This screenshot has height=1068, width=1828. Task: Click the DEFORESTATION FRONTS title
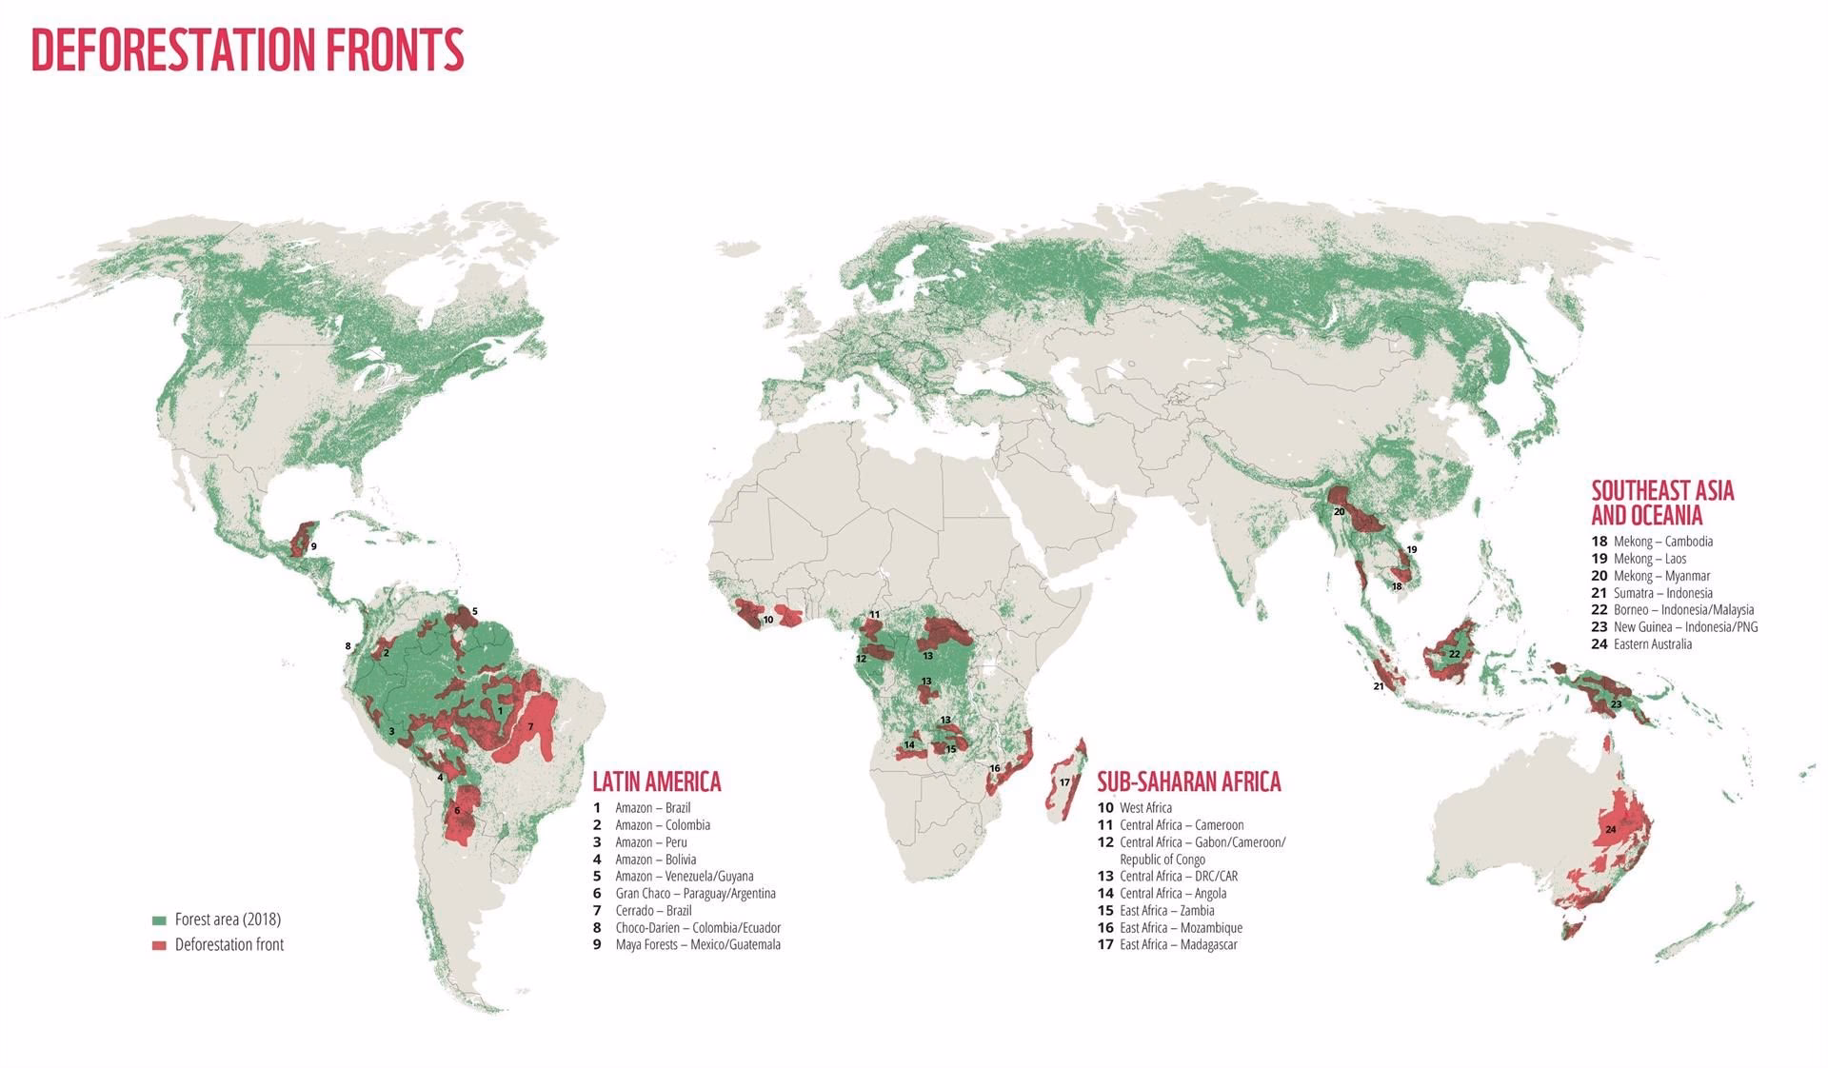pos(248,49)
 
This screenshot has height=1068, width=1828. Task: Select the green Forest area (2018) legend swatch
pos(159,920)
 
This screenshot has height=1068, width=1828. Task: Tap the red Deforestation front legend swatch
pos(159,945)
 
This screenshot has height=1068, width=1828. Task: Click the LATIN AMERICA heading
pos(657,781)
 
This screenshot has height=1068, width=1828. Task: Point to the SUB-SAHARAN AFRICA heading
pos(1188,781)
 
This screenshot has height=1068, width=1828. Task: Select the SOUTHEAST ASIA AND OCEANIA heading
pos(1662,504)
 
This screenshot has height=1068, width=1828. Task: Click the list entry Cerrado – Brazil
pos(653,911)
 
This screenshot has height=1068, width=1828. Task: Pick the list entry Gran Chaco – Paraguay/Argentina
pos(695,894)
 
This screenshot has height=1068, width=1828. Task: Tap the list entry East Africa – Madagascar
pos(1178,945)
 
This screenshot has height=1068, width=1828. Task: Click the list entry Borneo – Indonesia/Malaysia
pos(1682,610)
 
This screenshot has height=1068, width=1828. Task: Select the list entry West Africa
pos(1145,808)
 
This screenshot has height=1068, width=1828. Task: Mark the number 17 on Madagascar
pos(1064,782)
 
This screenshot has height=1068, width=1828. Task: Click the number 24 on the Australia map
pos(1610,830)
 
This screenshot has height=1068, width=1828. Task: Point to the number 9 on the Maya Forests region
pos(313,546)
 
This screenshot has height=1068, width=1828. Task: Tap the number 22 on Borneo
pos(1454,654)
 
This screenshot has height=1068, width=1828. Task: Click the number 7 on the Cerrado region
pos(530,726)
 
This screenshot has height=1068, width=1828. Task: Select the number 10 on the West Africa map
pos(767,620)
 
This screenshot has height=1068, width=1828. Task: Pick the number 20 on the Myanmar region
pos(1339,512)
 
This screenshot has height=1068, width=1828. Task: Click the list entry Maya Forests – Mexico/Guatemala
pos(697,945)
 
